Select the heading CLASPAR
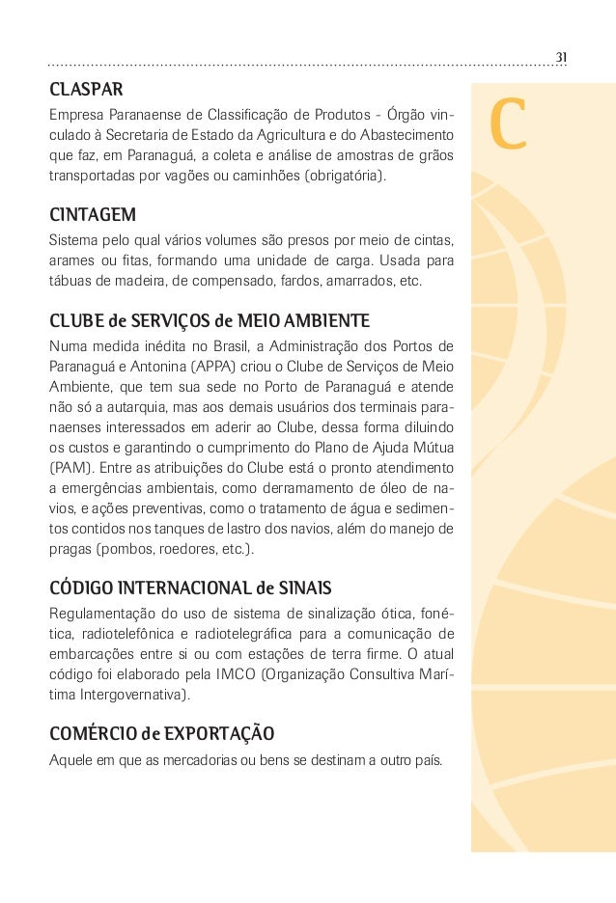tap(86, 91)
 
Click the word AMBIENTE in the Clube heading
tap(323, 319)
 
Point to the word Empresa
tap(77, 118)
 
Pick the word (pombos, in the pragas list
tap(126, 549)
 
